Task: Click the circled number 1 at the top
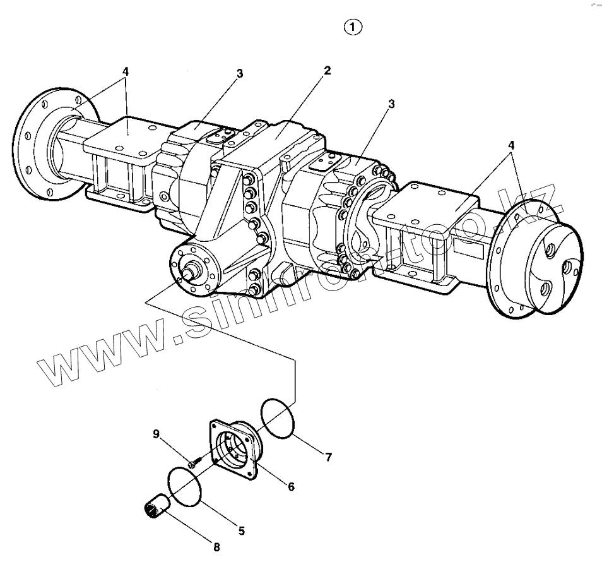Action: (x=353, y=27)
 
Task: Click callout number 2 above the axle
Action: (x=327, y=69)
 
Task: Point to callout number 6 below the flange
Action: (x=291, y=486)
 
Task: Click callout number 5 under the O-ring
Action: (x=242, y=531)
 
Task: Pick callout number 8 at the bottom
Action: (x=216, y=547)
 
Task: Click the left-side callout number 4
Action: (x=126, y=71)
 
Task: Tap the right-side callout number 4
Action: (x=512, y=145)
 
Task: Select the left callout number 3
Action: (x=240, y=74)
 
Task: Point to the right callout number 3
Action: (x=391, y=104)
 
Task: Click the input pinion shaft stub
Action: (x=189, y=272)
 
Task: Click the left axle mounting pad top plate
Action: (x=126, y=136)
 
